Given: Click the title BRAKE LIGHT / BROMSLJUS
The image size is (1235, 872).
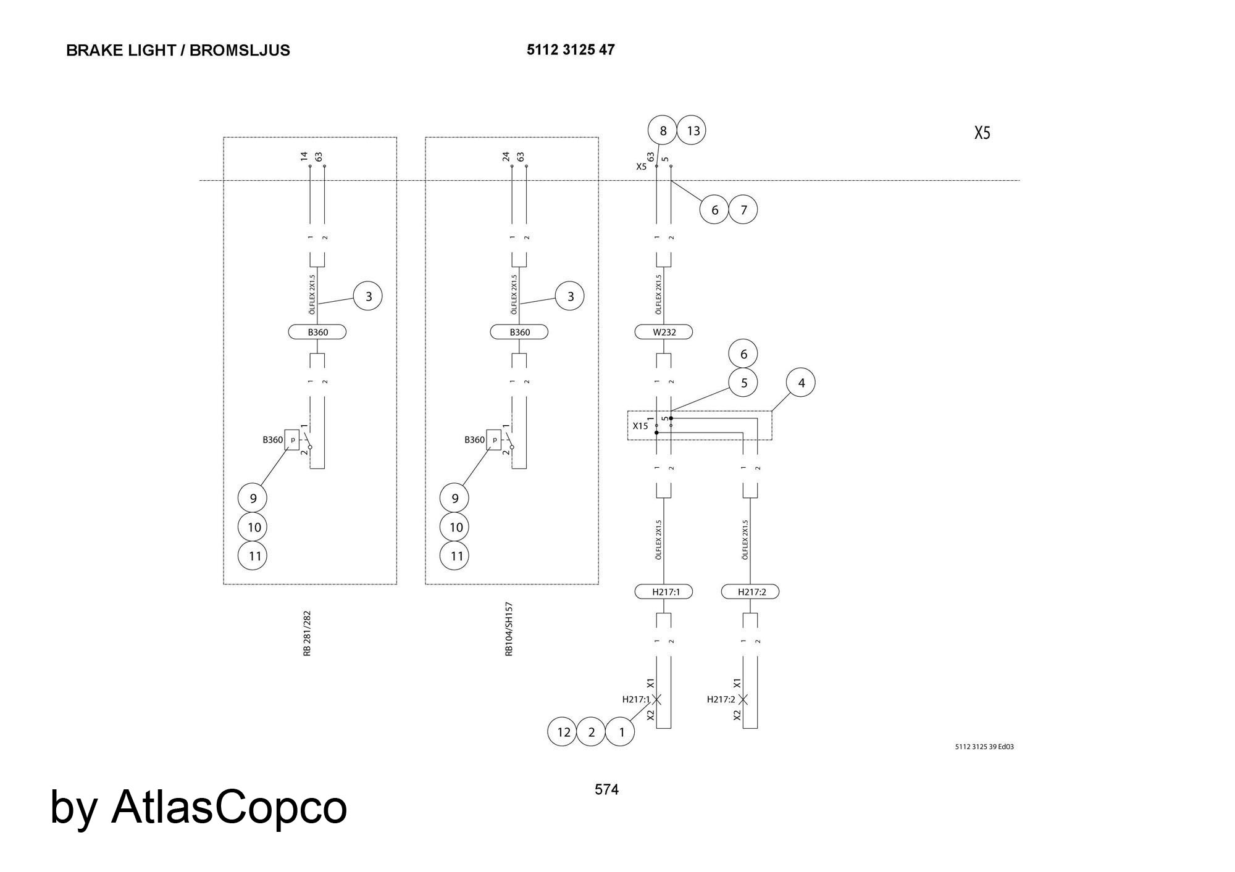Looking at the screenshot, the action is coord(178,51).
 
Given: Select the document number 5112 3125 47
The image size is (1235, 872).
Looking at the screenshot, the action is coord(571,50).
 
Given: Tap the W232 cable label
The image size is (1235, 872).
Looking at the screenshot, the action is coord(664,332).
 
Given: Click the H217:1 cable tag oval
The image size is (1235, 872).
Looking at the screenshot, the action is coord(664,592).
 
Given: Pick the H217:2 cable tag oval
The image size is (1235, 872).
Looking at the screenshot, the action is coord(750,592).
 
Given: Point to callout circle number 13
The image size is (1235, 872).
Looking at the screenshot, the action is coord(692,131).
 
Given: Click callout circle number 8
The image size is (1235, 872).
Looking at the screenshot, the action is coord(663,131).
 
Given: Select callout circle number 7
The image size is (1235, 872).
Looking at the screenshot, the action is coord(743,209).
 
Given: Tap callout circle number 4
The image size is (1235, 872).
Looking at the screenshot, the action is coord(801,383).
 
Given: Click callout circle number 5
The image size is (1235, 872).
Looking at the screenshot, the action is coord(743,383).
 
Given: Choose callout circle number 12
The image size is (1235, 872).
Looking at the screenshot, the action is coord(563,732).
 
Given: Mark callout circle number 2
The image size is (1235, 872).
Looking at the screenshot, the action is coord(591,732).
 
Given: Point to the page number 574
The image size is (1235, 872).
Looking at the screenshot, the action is coord(606,789).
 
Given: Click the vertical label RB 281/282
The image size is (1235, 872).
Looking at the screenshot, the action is coord(307,634).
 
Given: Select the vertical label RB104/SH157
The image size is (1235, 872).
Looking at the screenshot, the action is coord(509,629).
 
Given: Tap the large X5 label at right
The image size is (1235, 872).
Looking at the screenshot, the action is coord(982,133).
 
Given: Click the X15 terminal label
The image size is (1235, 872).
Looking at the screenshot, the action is coord(640,426).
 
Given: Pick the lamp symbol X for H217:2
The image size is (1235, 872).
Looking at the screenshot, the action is coord(743,699).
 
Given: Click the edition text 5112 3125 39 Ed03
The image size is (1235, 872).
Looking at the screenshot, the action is coord(984,747).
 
